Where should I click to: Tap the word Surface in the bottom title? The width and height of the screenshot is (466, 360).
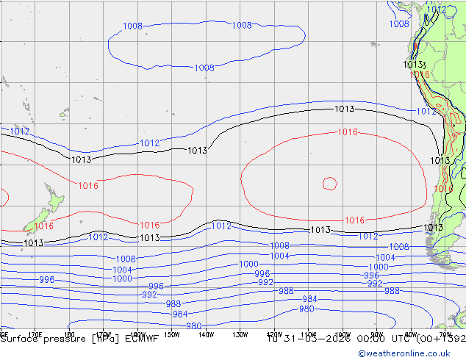click(21, 339)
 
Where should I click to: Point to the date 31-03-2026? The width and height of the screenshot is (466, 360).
click(314, 339)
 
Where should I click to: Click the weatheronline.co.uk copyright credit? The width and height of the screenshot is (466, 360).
click(409, 353)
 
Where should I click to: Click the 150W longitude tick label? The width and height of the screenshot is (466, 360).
click(171, 334)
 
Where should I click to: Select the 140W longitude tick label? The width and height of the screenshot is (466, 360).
click(206, 334)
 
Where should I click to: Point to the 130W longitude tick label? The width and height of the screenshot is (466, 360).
click(240, 334)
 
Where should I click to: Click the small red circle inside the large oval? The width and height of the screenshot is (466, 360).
click(329, 183)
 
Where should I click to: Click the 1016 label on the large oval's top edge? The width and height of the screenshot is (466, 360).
click(348, 132)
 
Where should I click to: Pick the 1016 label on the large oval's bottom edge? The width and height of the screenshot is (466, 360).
click(354, 220)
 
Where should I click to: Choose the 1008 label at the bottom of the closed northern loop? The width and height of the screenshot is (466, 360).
click(204, 68)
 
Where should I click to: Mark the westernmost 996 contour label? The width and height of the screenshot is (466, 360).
click(46, 280)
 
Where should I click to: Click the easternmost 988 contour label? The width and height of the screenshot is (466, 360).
click(392, 291)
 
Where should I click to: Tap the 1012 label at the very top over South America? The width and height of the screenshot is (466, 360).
click(437, 9)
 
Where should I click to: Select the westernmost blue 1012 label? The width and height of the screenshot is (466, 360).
click(20, 131)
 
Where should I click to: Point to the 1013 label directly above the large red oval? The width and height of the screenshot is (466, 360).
click(344, 109)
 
